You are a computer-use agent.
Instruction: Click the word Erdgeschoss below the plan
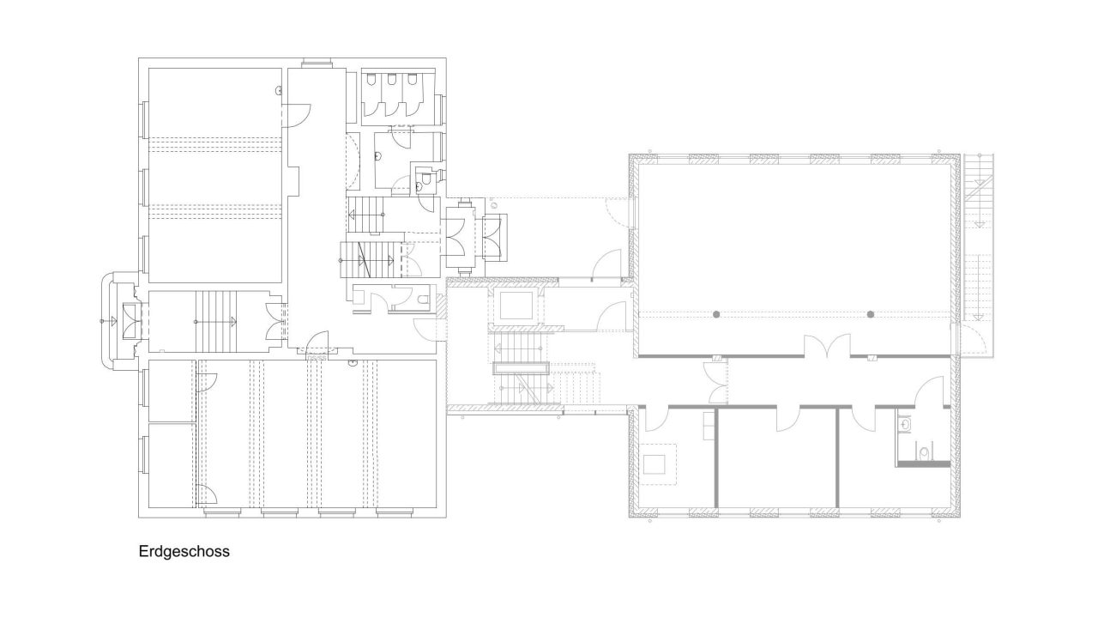tap(184, 551)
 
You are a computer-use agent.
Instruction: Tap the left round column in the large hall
tap(716, 314)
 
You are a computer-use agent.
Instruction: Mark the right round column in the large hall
tap(871, 314)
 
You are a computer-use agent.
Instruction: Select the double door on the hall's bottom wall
tap(828, 345)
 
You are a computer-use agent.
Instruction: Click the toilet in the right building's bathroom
tap(925, 452)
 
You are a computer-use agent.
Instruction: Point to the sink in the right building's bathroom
tap(905, 422)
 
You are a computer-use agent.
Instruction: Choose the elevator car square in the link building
tap(516, 306)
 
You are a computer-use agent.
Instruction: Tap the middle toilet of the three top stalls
tap(391, 79)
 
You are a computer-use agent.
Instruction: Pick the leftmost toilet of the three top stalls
tap(371, 79)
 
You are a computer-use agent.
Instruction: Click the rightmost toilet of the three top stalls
tap(412, 79)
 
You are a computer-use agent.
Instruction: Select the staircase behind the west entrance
tap(216, 321)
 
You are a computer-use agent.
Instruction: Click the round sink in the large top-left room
tap(279, 90)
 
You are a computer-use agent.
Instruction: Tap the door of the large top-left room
tap(297, 116)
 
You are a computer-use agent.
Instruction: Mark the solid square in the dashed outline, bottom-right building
tap(654, 464)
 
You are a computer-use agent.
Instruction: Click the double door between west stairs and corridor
tap(274, 321)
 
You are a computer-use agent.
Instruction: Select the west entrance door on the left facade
tap(131, 321)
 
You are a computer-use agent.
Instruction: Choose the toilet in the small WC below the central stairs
tap(424, 300)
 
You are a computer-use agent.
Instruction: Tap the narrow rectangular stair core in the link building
tap(520, 368)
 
